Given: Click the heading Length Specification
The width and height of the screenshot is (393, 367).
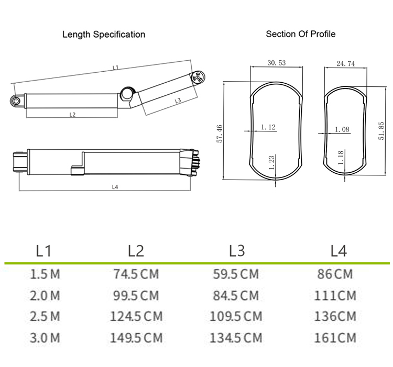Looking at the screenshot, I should (x=104, y=35).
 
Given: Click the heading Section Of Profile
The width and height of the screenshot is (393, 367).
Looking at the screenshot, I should (x=301, y=34).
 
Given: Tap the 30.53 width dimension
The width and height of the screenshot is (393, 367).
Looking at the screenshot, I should (x=276, y=63).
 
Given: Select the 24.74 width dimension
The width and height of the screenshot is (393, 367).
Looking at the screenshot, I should (x=345, y=64).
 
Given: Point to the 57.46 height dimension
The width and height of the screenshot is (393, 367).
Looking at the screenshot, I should (x=220, y=134).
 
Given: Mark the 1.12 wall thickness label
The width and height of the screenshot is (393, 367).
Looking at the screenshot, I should (x=268, y=127).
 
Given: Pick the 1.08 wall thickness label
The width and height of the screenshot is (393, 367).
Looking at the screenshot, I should (x=341, y=129).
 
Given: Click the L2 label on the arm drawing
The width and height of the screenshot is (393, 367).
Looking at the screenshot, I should (x=72, y=114).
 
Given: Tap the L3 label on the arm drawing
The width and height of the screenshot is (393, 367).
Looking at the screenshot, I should (x=178, y=100).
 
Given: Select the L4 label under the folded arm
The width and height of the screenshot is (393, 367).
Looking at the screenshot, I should (x=115, y=187).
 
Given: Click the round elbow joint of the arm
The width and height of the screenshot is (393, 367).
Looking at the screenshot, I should (x=127, y=94).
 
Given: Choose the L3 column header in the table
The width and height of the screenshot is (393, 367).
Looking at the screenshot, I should (x=237, y=251).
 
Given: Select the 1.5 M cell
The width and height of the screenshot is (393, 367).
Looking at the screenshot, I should (x=45, y=274).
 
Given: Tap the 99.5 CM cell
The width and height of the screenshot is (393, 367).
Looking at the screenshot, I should (x=136, y=295).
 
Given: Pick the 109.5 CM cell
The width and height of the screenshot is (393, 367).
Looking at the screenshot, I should (x=236, y=316).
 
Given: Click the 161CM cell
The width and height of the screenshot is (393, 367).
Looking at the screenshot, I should (x=335, y=338).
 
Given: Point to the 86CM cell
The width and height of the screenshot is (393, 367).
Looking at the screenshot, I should (x=335, y=274).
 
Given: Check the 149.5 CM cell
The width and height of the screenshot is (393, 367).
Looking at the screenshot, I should (x=136, y=338).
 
